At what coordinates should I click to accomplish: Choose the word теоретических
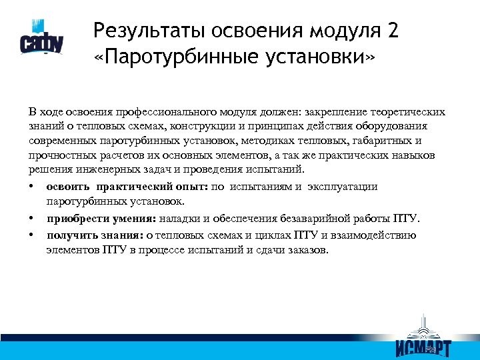pos(412,111)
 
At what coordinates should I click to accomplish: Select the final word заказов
pos(308,250)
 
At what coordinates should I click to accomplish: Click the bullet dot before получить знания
pos(31,235)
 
